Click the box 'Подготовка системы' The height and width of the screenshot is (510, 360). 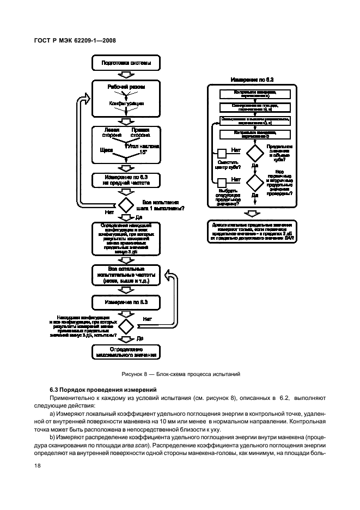pyautogui.click(x=126, y=64)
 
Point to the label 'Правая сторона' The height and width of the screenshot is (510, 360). pyautogui.click(x=141, y=132)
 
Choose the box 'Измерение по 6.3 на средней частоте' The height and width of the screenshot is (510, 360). pyautogui.click(x=126, y=180)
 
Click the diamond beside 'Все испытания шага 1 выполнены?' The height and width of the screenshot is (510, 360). pyautogui.click(x=126, y=205)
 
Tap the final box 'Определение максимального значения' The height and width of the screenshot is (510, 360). pyautogui.click(x=126, y=351)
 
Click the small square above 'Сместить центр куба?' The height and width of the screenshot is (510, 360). pyautogui.click(x=222, y=154)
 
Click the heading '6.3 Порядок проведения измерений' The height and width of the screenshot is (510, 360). pyautogui.click(x=102, y=390)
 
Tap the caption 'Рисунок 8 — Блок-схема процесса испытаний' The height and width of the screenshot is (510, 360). pyautogui.click(x=180, y=374)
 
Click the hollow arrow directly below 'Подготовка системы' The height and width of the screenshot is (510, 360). pyautogui.click(x=126, y=75)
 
